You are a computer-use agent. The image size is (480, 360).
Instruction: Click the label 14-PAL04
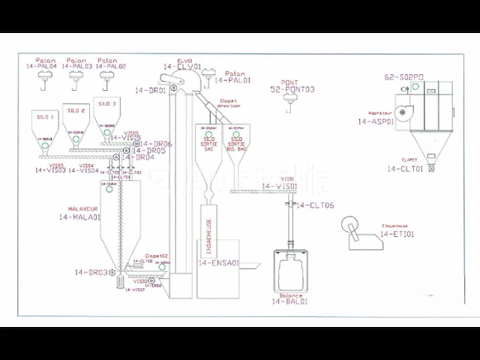[x=41, y=67]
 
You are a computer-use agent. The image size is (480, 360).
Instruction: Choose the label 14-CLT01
[x=405, y=169]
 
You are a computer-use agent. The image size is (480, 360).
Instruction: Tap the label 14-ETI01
[x=397, y=235]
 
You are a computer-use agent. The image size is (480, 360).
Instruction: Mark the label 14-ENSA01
[x=219, y=263]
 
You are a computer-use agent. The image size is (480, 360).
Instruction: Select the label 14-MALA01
[x=79, y=217]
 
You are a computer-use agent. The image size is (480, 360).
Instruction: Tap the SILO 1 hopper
[x=44, y=131]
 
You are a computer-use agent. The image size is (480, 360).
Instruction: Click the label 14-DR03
[x=92, y=271]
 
